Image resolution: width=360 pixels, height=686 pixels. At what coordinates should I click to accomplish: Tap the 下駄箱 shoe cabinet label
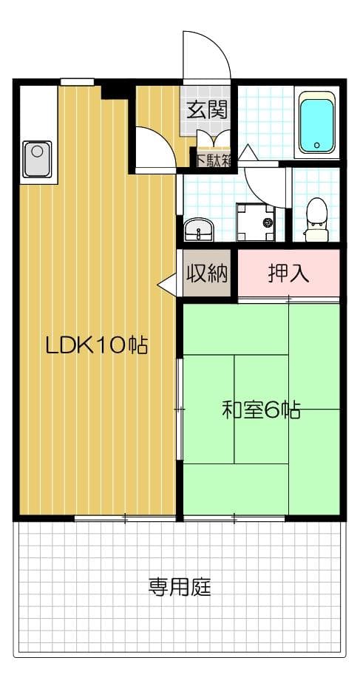(214, 158)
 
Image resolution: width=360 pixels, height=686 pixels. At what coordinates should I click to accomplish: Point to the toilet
(316, 217)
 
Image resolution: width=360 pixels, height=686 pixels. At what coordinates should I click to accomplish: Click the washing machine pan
(255, 221)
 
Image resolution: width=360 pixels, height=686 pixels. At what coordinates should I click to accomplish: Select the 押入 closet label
(288, 274)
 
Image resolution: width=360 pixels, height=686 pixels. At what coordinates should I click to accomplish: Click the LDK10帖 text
(95, 345)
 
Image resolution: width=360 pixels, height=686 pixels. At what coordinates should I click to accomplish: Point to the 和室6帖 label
(261, 411)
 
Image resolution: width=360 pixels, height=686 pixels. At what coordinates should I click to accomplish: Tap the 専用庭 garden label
(180, 588)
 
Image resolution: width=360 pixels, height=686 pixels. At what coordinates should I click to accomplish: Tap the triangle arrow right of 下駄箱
(247, 153)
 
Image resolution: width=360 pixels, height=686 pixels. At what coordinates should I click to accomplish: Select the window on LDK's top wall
(77, 82)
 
